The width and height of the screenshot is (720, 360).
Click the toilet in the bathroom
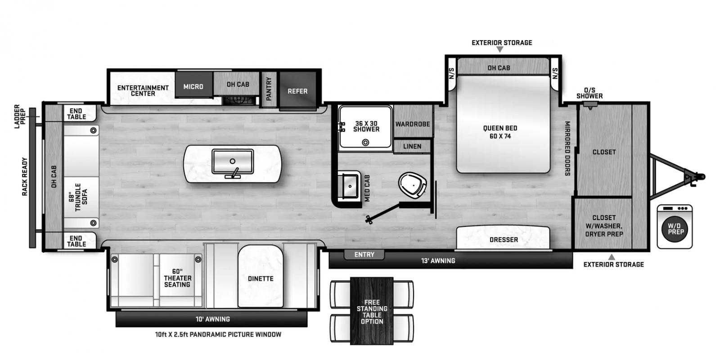click(412, 185)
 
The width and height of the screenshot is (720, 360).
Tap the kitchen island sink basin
click(232, 162)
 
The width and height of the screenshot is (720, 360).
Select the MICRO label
click(193, 86)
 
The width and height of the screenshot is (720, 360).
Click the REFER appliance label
click(297, 91)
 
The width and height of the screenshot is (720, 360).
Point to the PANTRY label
click(269, 89)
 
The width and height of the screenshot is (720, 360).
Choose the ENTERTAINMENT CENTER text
click(143, 90)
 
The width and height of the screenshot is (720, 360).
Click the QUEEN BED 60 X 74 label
click(500, 132)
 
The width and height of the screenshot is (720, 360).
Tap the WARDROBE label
click(413, 124)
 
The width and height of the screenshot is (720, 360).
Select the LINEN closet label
click(412, 147)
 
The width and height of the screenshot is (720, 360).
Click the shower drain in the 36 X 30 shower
click(365, 142)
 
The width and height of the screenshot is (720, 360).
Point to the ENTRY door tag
click(364, 255)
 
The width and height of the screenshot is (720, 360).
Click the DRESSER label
click(504, 240)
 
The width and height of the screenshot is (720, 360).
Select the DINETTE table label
click(261, 279)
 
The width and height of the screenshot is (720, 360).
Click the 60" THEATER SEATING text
click(177, 278)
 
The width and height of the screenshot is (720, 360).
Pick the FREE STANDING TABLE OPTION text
click(372, 312)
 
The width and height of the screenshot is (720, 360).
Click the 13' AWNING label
click(438, 261)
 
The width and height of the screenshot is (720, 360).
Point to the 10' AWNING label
click(213, 319)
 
